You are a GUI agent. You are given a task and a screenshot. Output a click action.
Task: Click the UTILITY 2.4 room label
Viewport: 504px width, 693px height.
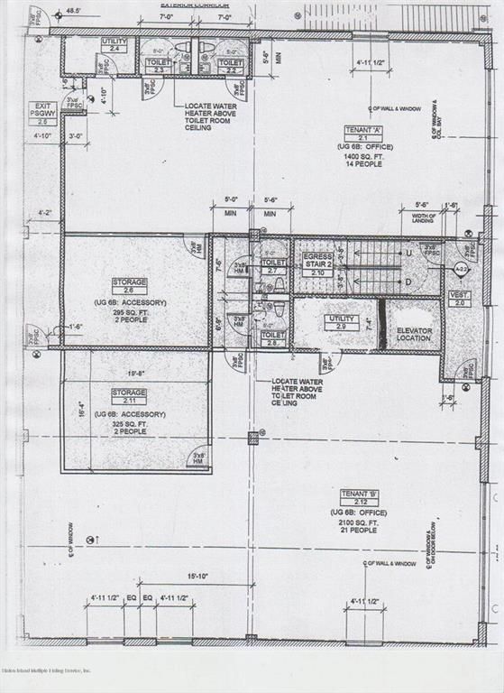pyautogui.click(x=115, y=44)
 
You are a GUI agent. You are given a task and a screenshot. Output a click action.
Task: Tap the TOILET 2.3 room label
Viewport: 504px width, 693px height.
pyautogui.click(x=160, y=66)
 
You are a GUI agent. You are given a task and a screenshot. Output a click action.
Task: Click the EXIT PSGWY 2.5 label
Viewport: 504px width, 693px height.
pyautogui.click(x=41, y=113)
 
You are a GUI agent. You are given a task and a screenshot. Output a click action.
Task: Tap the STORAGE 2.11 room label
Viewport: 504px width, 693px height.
pyautogui.click(x=129, y=396)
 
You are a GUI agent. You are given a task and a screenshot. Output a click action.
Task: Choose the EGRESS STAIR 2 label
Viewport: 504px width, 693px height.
pyautogui.click(x=317, y=262)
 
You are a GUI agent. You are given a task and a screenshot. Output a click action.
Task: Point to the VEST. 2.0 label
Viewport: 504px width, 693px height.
pyautogui.click(x=460, y=299)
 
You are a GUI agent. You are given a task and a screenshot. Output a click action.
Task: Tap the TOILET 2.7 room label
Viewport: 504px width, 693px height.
pyautogui.click(x=273, y=265)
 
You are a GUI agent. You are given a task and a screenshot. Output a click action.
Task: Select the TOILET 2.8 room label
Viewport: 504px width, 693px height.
pyautogui.click(x=272, y=338)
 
